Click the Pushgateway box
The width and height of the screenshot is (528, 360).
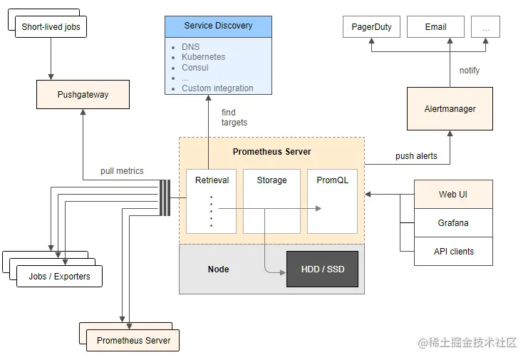click(83, 94)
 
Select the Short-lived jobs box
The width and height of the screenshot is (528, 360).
click(51, 27)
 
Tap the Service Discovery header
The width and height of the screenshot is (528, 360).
click(218, 26)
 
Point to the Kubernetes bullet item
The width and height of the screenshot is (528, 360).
click(203, 57)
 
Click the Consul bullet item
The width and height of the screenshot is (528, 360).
click(195, 68)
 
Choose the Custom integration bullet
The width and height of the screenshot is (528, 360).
click(217, 88)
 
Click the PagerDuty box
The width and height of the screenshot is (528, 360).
click(371, 27)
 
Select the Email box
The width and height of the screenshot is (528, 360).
click(435, 27)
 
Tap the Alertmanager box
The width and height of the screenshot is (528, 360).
click(450, 109)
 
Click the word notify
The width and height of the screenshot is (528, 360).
click(470, 71)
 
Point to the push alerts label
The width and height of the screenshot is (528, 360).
click(416, 155)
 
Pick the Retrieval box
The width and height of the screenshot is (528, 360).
click(212, 201)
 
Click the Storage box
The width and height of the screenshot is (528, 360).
click(271, 201)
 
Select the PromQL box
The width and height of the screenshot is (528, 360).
click(332, 201)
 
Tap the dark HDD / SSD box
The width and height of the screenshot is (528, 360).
click(321, 269)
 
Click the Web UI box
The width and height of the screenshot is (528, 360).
click(453, 195)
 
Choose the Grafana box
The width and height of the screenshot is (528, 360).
click(453, 223)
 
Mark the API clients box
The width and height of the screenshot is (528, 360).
click(453, 252)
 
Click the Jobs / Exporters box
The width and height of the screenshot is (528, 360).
click(59, 276)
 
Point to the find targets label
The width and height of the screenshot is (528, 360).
click(234, 118)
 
